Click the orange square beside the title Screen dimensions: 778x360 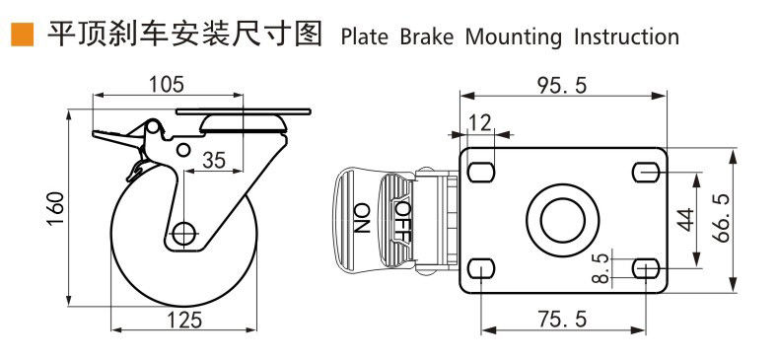(23, 35)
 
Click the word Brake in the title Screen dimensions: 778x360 (427, 36)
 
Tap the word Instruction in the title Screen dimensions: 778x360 (626, 36)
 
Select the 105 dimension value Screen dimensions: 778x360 (167, 85)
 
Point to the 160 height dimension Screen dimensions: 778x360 (57, 207)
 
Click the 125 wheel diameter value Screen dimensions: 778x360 (183, 320)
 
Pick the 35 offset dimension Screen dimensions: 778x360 (214, 160)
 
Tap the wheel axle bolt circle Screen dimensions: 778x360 (183, 232)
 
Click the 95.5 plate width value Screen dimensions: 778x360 (562, 86)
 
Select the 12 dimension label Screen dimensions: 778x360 (480, 122)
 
